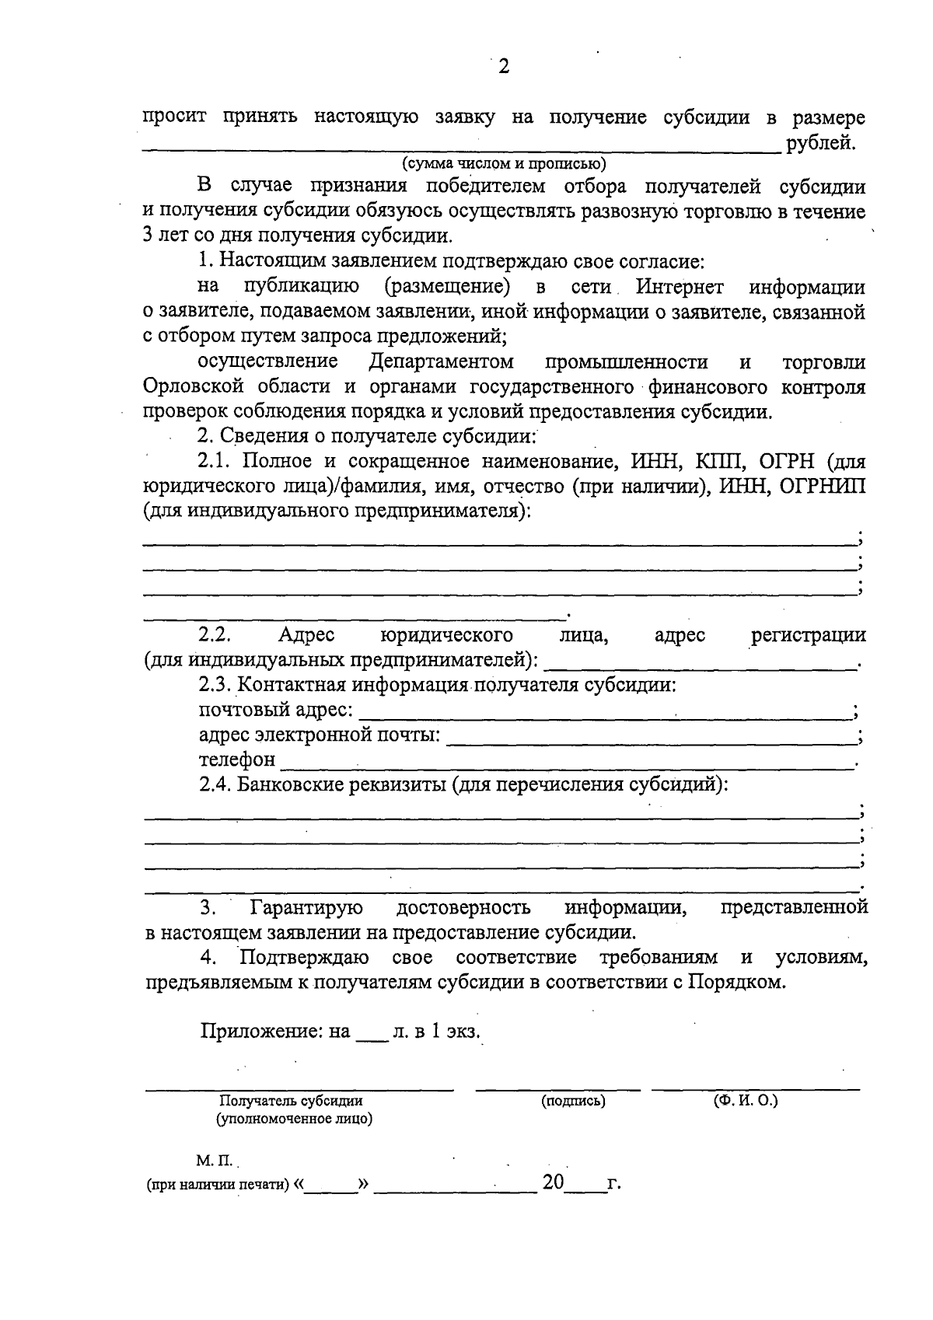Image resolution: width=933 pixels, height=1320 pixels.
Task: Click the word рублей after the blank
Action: [x=821, y=143]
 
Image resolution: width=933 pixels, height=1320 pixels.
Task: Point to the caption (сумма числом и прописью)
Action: [x=504, y=163]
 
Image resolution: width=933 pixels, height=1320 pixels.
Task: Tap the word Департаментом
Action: [x=441, y=361]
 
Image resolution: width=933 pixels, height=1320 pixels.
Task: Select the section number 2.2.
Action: [x=215, y=635]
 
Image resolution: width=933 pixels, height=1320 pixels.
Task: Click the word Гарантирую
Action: [x=306, y=907]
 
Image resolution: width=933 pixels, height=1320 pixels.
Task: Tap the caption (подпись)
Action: [x=573, y=1102]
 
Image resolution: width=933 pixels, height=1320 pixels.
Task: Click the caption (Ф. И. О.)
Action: [x=746, y=1100]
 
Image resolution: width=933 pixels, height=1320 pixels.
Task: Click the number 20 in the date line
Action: [x=553, y=1183]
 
